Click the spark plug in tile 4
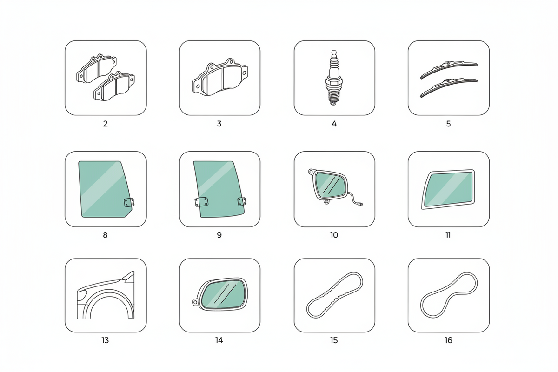334,78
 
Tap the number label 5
448,124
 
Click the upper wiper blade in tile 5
449,69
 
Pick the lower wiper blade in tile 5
449,88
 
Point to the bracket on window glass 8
129,203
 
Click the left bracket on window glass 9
201,202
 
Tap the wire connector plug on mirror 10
359,204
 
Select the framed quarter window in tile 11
448,189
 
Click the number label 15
334,340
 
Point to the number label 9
219,235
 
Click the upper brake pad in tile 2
96,68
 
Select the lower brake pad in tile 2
114,86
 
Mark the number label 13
105,340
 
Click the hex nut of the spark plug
334,82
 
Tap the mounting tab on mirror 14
195,302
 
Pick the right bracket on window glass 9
242,201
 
